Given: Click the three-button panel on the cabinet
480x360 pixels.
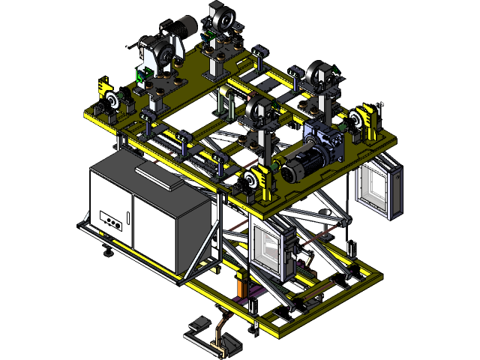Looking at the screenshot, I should coord(111,222).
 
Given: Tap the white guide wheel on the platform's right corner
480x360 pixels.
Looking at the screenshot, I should coord(358,119).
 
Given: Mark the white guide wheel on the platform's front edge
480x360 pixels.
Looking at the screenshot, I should coord(250,180).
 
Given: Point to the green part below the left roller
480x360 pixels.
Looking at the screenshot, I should coord(140,75).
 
